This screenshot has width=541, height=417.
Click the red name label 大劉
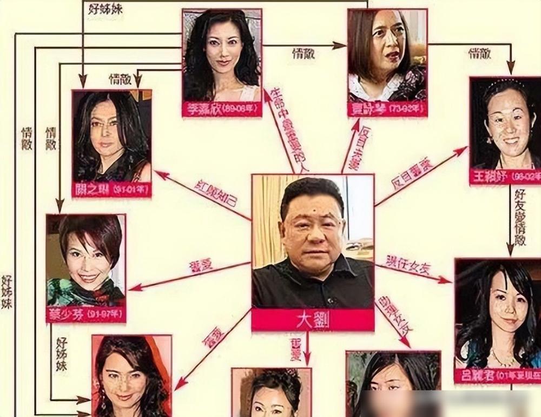pos(313,320)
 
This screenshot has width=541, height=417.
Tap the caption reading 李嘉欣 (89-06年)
pos(222,109)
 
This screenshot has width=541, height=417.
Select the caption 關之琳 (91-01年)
pos(111,190)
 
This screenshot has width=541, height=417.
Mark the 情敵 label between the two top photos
pos(304,53)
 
